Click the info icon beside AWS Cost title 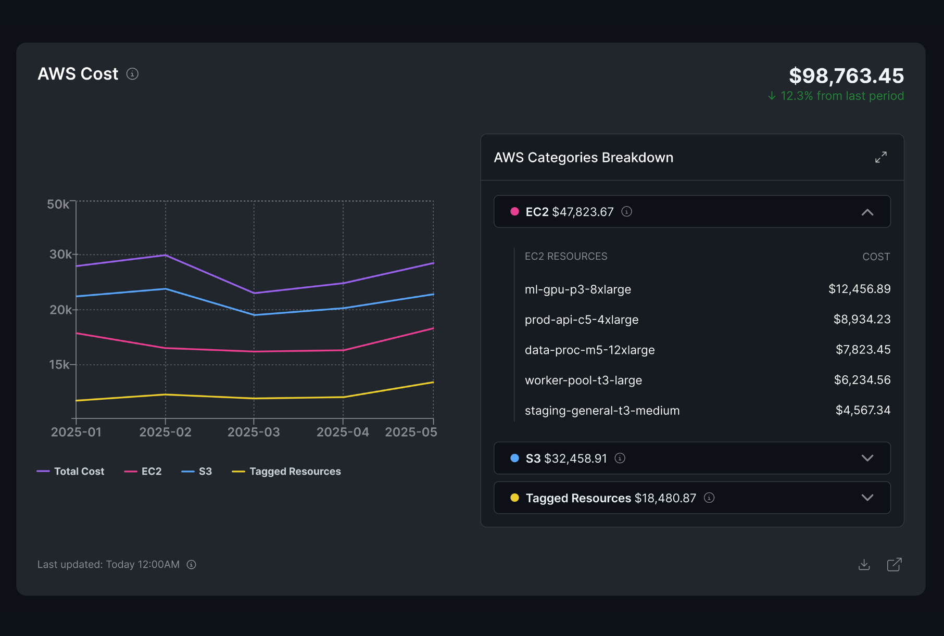click(133, 74)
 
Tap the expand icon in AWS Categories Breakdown click(880, 157)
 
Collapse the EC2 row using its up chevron click(867, 212)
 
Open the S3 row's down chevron click(867, 458)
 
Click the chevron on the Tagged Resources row click(867, 498)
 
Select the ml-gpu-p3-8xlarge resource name click(577, 289)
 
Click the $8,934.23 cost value click(862, 319)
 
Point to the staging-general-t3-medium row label click(602, 411)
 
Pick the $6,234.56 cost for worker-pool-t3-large click(862, 380)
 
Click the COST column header click(876, 257)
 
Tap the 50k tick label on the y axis click(58, 204)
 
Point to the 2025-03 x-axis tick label click(254, 432)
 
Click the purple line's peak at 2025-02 click(166, 255)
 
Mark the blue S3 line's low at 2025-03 click(254, 315)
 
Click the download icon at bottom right click(864, 565)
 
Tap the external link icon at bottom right click(894, 565)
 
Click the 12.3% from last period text click(841, 96)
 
